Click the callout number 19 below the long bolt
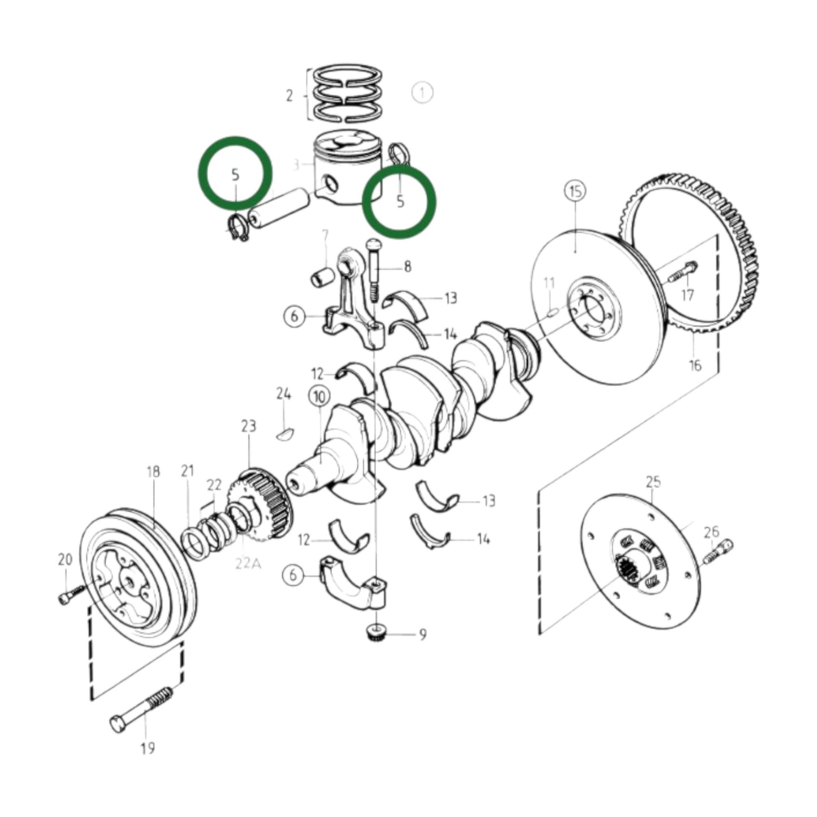148,749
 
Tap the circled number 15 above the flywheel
575,192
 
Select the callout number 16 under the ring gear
695,365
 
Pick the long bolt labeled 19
141,707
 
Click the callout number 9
423,635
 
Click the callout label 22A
246,563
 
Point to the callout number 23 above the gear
249,426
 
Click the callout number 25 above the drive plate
654,482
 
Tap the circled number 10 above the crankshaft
319,397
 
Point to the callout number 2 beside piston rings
289,96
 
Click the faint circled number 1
422,93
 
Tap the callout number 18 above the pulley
153,472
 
